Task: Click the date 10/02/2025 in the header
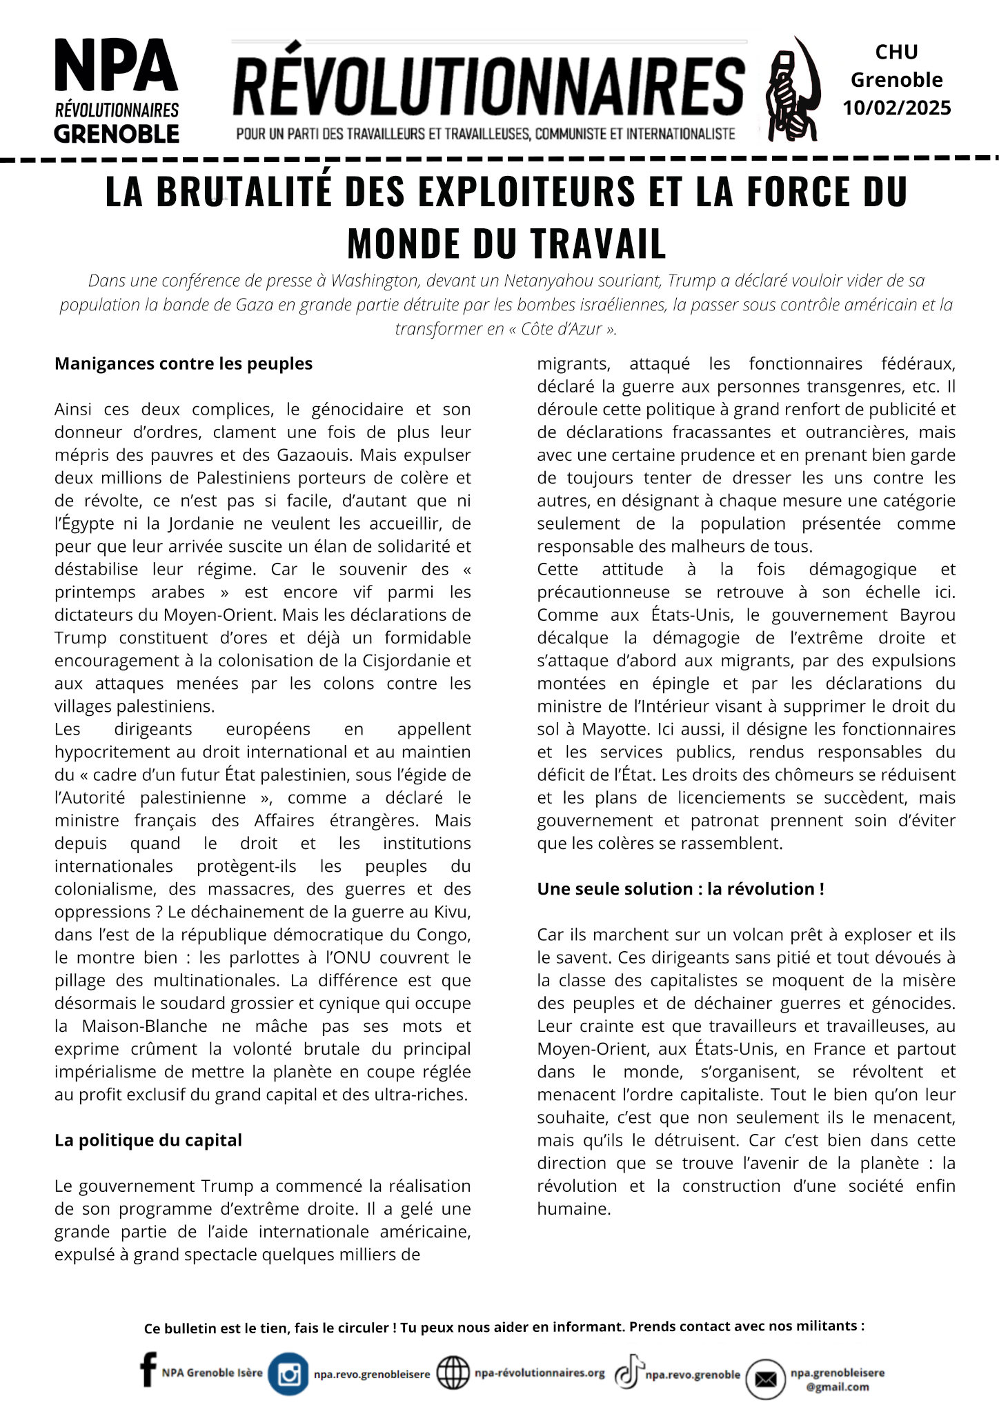tap(896, 108)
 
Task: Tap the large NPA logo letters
tap(116, 67)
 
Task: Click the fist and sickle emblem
tap(793, 90)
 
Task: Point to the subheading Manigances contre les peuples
tap(184, 363)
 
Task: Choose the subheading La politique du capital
tap(148, 1140)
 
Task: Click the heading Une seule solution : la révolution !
tap(680, 889)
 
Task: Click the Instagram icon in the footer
tap(288, 1374)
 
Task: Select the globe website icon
tap(453, 1373)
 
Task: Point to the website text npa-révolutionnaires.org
tap(540, 1373)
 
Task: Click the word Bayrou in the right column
tap(927, 615)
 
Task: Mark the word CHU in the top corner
tap(896, 52)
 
